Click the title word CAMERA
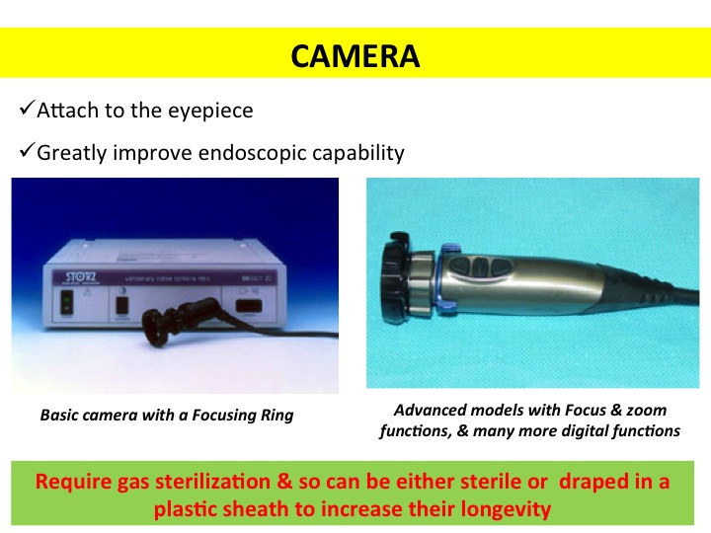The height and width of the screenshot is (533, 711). click(355, 55)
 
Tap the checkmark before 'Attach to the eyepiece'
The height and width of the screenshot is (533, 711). click(28, 108)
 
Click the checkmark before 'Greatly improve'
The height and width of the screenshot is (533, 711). click(28, 150)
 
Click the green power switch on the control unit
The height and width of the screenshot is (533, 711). click(67, 302)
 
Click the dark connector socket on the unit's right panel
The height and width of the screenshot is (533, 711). click(249, 306)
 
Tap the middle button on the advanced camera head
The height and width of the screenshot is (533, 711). click(479, 267)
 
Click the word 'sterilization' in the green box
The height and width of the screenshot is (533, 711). click(212, 482)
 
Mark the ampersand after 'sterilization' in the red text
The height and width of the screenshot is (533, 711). click(284, 482)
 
